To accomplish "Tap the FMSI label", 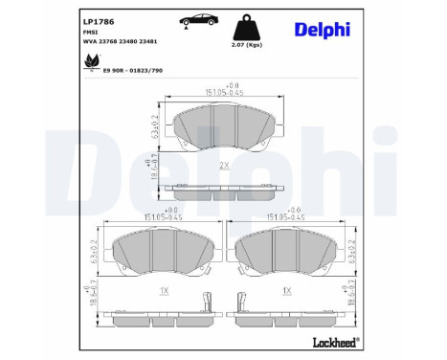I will [92, 33].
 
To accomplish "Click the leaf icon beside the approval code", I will [92, 61].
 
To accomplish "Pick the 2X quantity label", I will [225, 166].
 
